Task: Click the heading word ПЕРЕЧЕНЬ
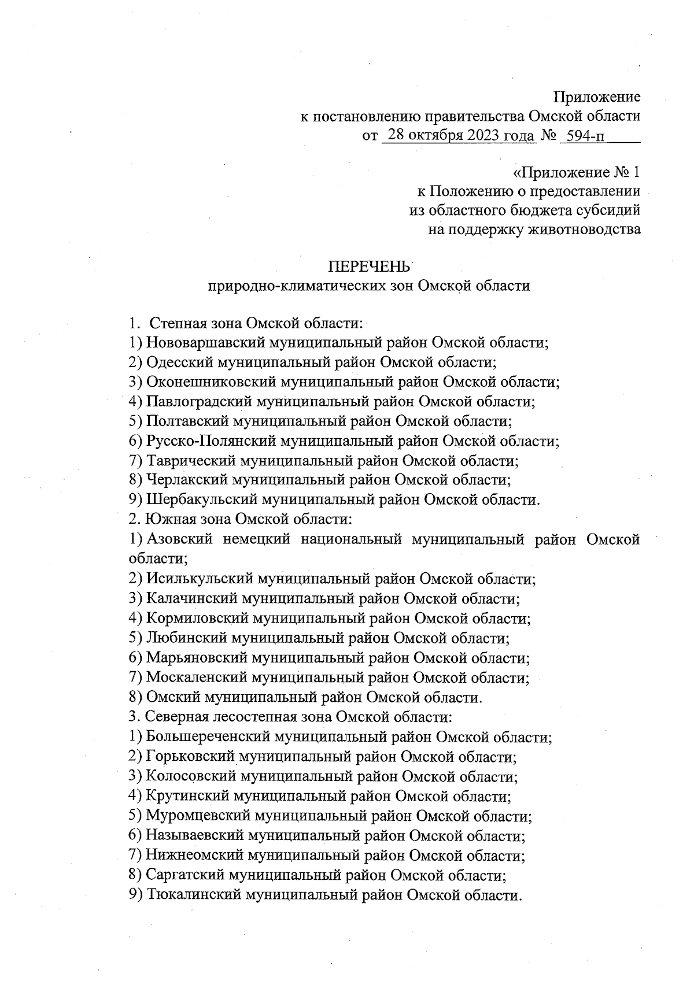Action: [x=369, y=266]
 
